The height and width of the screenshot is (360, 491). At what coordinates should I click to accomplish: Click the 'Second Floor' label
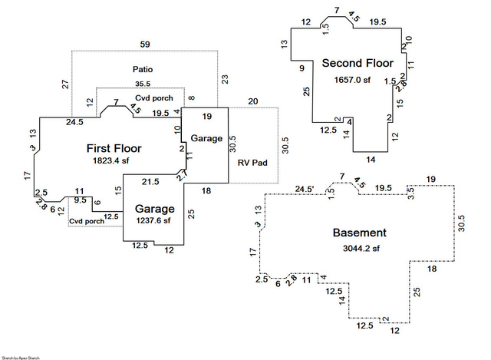[358, 63]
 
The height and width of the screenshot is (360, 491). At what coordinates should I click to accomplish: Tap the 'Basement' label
[359, 233]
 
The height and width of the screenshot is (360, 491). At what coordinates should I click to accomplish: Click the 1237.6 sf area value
[154, 220]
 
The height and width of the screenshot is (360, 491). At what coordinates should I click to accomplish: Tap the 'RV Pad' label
[251, 163]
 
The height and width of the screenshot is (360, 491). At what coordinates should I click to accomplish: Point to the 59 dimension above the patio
[145, 44]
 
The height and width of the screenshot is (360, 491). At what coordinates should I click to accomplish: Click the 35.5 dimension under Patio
[143, 84]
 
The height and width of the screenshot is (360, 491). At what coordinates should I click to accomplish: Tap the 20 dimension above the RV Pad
[253, 101]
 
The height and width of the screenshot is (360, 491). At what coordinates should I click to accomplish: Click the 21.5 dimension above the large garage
[151, 181]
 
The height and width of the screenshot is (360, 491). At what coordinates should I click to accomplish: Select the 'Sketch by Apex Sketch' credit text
[21, 357]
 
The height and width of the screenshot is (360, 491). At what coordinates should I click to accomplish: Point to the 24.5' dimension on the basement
[305, 189]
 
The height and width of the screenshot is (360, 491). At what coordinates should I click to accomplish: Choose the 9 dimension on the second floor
[302, 68]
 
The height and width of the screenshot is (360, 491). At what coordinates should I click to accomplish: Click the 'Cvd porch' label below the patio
[154, 98]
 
